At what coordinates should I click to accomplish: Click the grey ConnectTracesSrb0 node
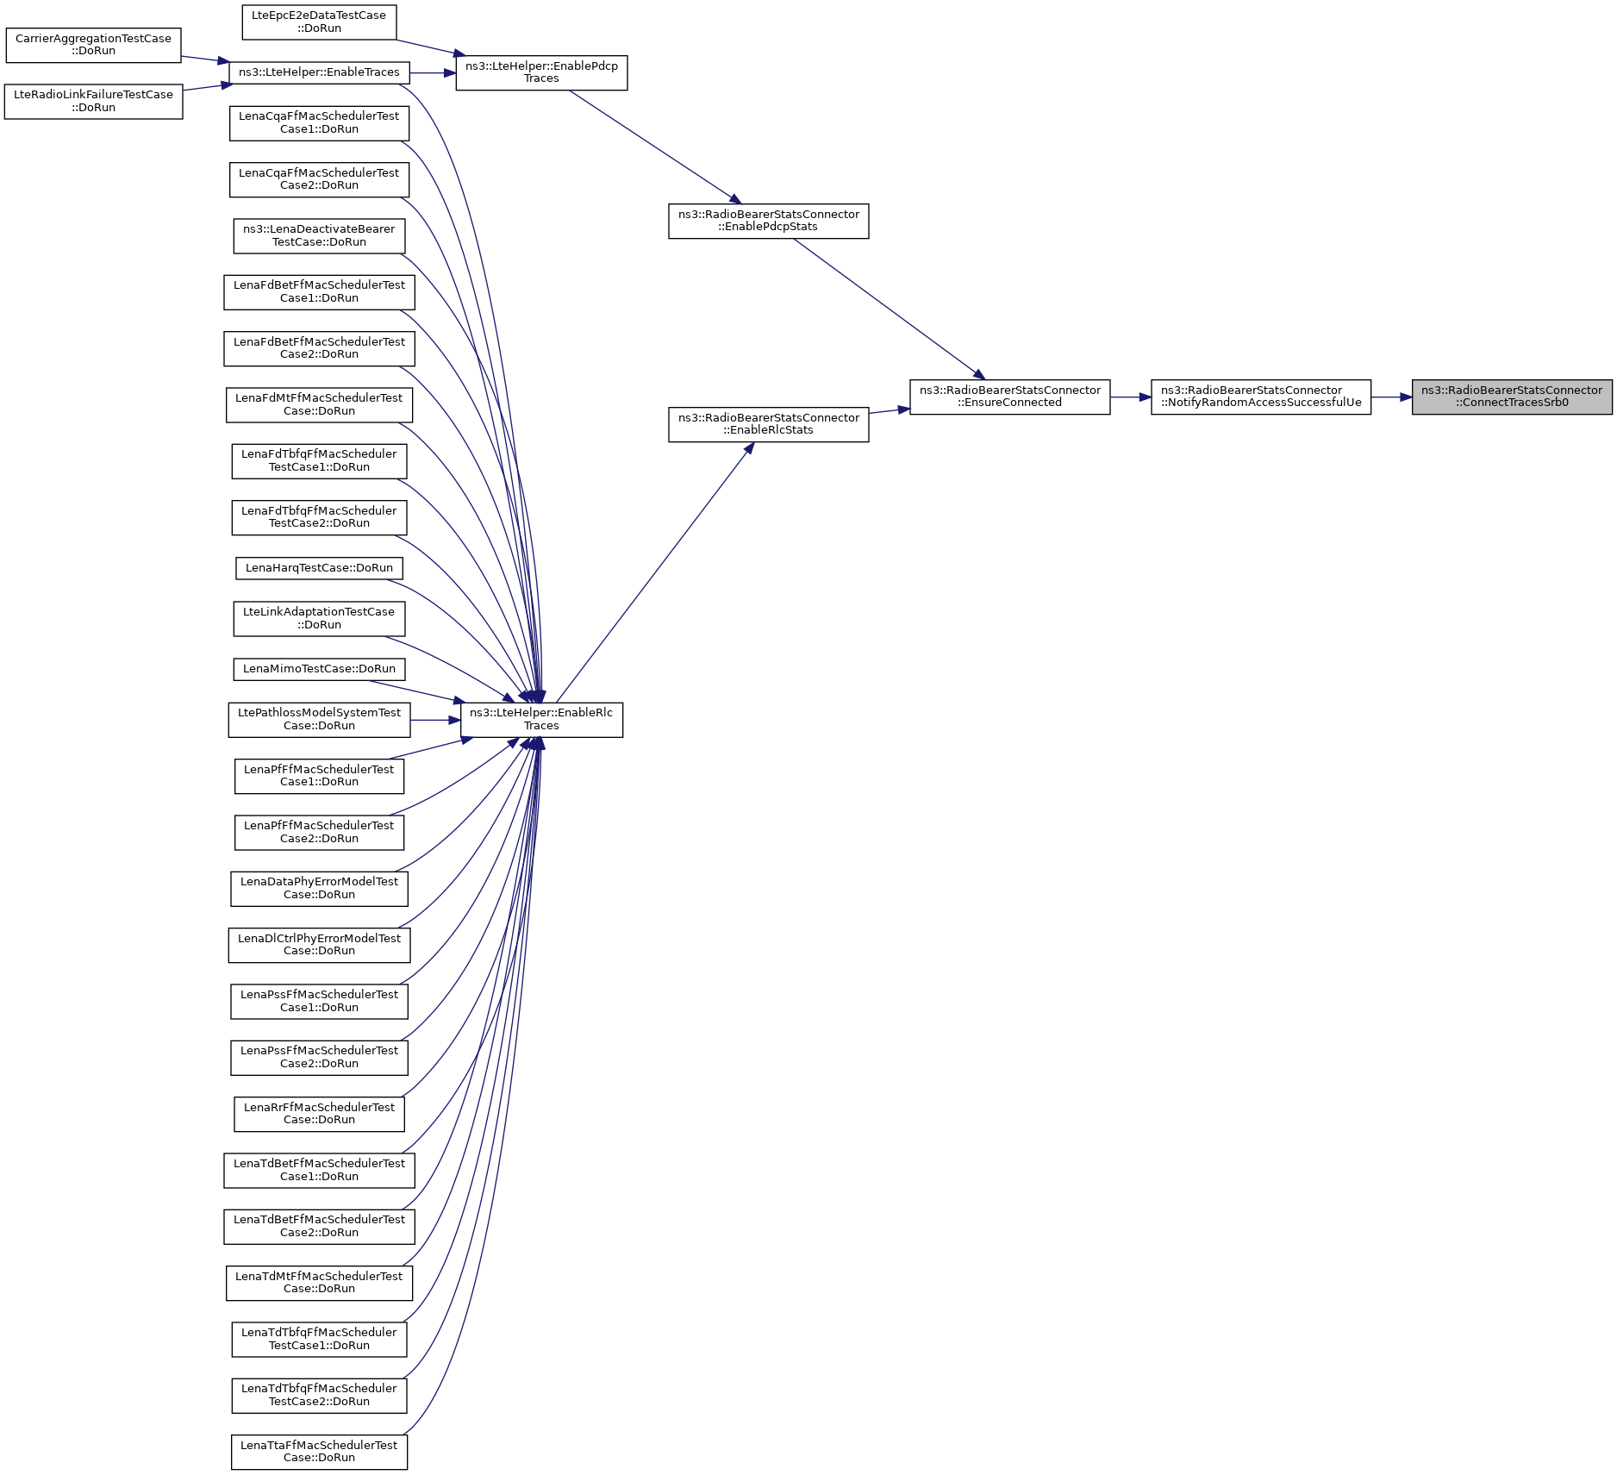click(x=1512, y=397)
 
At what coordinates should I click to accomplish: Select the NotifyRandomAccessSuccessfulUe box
click(x=1261, y=397)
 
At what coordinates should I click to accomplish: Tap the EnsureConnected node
click(x=1009, y=397)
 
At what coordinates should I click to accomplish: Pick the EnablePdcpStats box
click(x=768, y=221)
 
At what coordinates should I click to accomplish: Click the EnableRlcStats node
click(x=768, y=424)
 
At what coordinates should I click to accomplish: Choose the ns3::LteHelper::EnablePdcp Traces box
click(x=541, y=72)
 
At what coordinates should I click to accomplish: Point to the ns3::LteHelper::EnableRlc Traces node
click(x=541, y=720)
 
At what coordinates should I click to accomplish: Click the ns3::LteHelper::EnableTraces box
click(x=319, y=72)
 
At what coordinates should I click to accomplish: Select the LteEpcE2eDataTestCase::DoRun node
click(x=319, y=22)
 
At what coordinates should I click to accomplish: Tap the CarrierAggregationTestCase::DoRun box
click(x=93, y=45)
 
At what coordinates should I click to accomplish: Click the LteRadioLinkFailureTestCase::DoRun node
click(x=93, y=102)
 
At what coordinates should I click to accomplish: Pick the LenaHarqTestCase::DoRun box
click(x=319, y=568)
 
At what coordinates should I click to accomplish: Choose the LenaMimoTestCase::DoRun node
click(x=319, y=669)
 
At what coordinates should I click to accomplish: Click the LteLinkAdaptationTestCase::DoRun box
click(x=319, y=619)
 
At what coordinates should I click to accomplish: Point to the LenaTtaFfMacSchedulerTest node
click(x=319, y=1452)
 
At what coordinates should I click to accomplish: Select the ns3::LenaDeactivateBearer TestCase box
click(x=319, y=235)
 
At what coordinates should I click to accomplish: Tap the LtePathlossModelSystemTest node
click(x=319, y=720)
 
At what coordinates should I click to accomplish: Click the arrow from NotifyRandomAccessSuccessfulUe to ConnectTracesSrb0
click(x=1391, y=397)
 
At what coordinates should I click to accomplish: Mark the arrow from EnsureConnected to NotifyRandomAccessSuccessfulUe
click(x=1131, y=397)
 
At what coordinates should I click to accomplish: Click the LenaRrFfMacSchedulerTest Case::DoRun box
click(x=319, y=1114)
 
